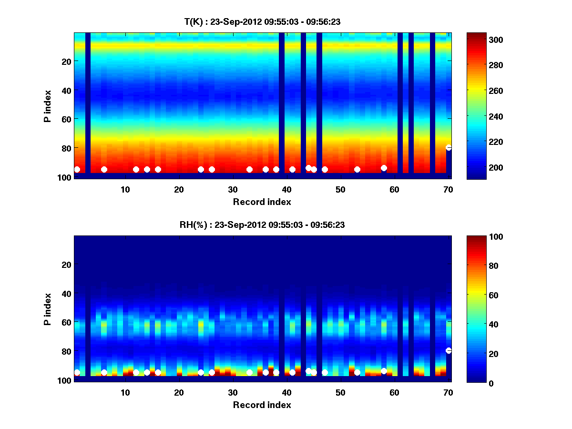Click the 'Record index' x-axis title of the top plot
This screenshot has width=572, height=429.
262,202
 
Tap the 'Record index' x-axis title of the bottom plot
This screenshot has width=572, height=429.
262,405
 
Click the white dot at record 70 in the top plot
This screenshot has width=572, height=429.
449,148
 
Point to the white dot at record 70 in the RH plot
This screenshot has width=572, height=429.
449,351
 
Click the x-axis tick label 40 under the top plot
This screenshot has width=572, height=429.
286,190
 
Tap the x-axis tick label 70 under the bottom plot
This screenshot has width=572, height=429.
448,393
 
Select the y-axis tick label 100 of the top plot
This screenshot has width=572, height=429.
65,177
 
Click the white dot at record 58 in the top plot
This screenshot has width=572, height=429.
384,168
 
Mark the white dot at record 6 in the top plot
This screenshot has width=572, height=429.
104,170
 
